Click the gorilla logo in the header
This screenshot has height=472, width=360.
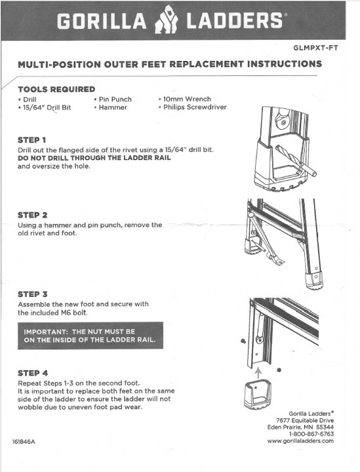coord(166,20)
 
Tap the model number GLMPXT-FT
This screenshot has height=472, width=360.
coord(315,48)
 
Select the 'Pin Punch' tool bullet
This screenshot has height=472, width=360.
coord(113,100)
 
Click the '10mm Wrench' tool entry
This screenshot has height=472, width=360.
coord(185,99)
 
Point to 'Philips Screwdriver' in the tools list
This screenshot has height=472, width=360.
coord(193,107)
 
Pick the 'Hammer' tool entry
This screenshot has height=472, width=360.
coord(110,108)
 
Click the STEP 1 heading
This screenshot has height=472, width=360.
coord(32,140)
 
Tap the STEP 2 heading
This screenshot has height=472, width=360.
coord(33,215)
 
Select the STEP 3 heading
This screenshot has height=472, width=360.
coord(33,294)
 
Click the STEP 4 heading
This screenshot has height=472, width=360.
coord(33,373)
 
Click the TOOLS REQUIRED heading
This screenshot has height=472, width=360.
coord(56,89)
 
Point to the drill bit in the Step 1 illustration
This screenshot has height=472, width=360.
coord(296,161)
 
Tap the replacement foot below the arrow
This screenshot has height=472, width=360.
coord(258,395)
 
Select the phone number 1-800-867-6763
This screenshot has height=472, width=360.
coord(311,434)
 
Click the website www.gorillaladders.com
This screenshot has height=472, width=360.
coord(300,441)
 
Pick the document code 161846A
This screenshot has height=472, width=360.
coord(24,442)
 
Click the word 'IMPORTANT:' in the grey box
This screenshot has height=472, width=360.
coord(46,332)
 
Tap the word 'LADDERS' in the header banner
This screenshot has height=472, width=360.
coord(235,21)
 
